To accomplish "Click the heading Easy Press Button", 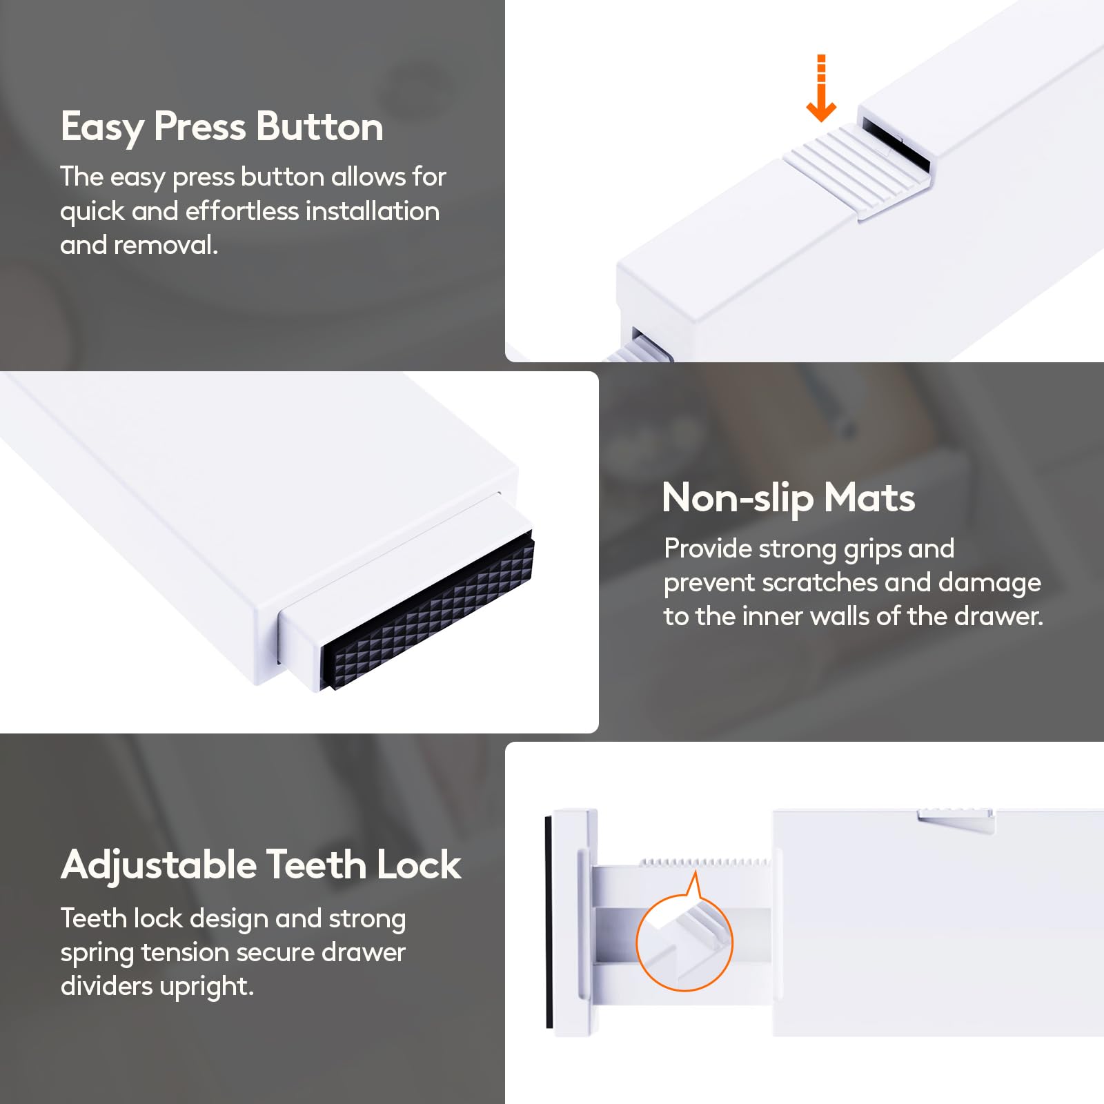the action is (222, 128).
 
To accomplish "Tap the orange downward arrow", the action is (821, 88).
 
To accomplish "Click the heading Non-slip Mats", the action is (789, 498).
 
